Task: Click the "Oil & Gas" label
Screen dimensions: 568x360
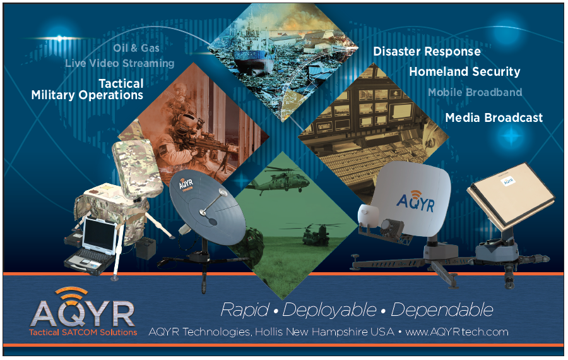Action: [136, 48]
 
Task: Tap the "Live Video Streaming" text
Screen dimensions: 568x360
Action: [120, 63]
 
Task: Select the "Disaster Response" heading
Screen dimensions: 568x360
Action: [427, 52]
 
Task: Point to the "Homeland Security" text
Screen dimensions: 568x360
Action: [464, 71]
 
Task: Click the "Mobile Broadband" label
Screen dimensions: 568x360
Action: [475, 92]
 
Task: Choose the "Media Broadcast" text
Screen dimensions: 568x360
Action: [494, 117]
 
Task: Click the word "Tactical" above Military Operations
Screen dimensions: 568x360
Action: [121, 84]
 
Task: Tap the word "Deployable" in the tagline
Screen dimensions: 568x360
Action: [329, 310]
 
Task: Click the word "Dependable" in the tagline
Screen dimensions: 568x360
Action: [442, 310]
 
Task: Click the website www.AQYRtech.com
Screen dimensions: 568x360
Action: [457, 332]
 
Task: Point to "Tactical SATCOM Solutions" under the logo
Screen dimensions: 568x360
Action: [83, 332]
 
